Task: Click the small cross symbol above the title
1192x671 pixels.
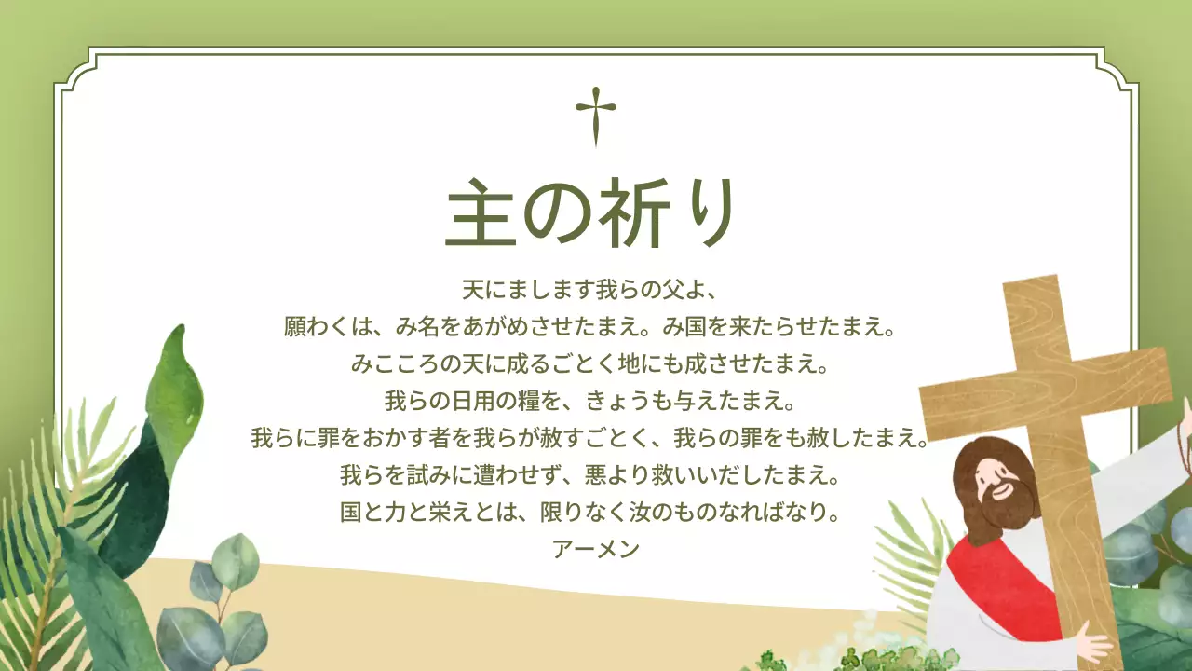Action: (x=596, y=116)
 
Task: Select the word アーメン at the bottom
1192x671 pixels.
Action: (x=596, y=549)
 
